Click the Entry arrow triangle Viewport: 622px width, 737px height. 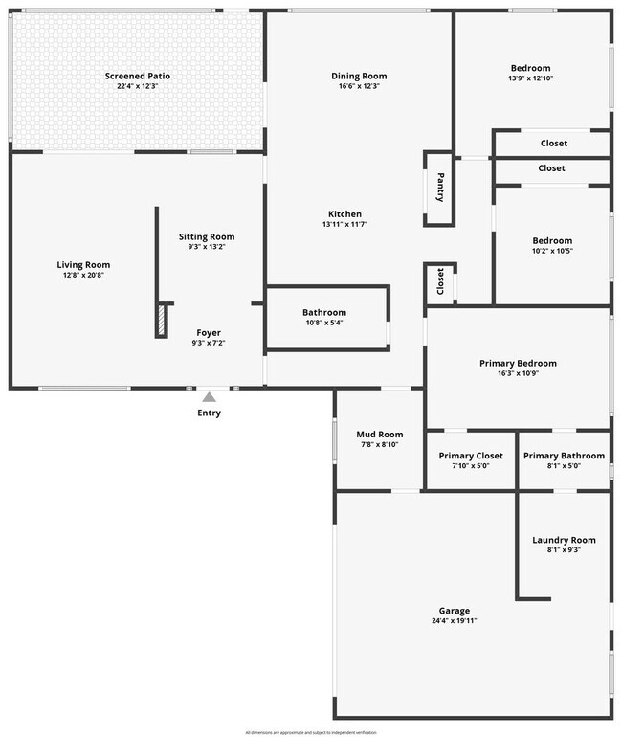point(209,397)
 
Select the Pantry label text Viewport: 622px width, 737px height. point(440,187)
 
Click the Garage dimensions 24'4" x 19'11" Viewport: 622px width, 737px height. point(455,621)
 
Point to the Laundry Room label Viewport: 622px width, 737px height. point(564,540)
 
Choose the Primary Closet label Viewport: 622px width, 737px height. point(471,456)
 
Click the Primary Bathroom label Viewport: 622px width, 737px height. point(564,456)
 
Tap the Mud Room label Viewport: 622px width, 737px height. point(380,435)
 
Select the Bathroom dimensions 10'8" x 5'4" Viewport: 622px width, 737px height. point(324,323)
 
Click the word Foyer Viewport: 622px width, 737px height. point(209,332)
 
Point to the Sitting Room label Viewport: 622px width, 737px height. point(207,236)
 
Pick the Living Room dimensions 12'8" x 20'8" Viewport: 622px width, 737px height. point(83,276)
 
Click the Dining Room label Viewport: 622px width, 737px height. point(359,77)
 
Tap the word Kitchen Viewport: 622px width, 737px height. point(344,213)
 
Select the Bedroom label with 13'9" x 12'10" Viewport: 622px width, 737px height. point(530,68)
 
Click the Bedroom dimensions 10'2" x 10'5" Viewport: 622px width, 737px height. point(552,251)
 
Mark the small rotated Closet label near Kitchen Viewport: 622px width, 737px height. point(440,281)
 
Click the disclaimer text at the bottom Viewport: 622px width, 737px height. point(311,732)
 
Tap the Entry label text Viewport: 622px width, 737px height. point(209,413)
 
